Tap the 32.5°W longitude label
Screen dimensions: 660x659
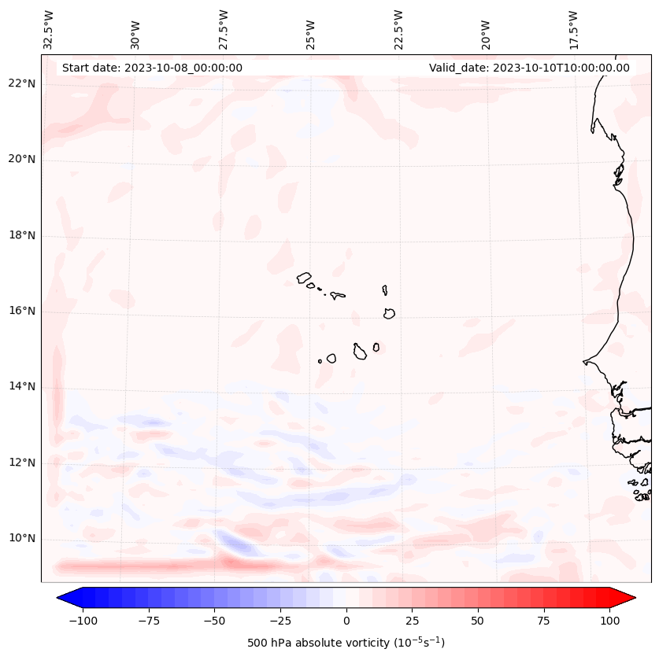pos(49,29)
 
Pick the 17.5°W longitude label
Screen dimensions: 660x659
pos(573,29)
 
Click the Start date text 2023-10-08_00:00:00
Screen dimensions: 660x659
pos(152,68)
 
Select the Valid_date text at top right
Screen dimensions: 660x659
pos(529,68)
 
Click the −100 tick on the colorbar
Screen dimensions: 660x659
pos(83,621)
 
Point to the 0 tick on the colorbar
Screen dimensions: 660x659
pos(346,621)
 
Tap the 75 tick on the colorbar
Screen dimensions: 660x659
pos(544,621)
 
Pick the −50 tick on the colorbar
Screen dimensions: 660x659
pos(214,621)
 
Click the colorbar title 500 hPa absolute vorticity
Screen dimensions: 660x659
pos(346,643)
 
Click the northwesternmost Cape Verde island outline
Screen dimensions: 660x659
pos(304,277)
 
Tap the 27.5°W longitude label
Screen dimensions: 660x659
pos(224,29)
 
